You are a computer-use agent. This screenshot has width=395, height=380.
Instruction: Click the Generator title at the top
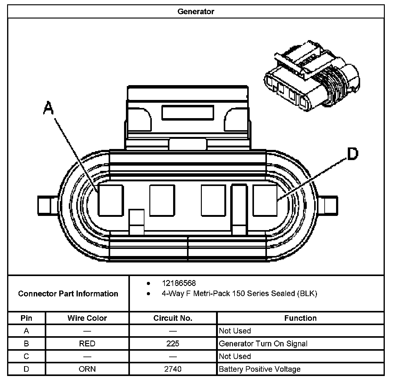pyautogui.click(x=196, y=11)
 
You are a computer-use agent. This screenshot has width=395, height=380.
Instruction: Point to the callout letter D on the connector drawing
pyautogui.click(x=352, y=154)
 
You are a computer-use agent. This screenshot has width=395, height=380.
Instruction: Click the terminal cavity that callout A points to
pyautogui.click(x=111, y=200)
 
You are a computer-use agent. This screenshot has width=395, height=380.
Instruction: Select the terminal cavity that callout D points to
pyautogui.click(x=265, y=200)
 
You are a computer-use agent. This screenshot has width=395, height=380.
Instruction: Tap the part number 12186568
pyautogui.click(x=179, y=283)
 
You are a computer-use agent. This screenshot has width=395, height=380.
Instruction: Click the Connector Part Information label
pyautogui.click(x=68, y=293)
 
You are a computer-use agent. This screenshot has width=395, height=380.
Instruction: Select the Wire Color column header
pyautogui.click(x=87, y=318)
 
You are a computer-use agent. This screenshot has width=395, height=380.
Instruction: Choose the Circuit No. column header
pyautogui.click(x=173, y=318)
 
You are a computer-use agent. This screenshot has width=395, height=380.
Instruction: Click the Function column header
pyautogui.click(x=300, y=318)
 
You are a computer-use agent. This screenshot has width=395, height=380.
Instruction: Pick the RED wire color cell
pyautogui.click(x=87, y=344)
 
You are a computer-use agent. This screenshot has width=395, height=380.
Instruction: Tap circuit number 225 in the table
pyautogui.click(x=173, y=344)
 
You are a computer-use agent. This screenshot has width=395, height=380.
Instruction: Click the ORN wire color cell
pyautogui.click(x=87, y=369)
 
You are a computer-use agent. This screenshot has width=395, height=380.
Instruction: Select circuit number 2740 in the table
pyautogui.click(x=173, y=369)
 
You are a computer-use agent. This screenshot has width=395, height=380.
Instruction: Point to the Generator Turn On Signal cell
pyautogui.click(x=263, y=344)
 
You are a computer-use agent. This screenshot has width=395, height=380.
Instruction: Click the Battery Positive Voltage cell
pyautogui.click(x=260, y=369)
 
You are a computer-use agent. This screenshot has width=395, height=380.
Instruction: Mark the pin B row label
pyautogui.click(x=27, y=344)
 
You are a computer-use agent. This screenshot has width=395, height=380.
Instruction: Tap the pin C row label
pyautogui.click(x=27, y=356)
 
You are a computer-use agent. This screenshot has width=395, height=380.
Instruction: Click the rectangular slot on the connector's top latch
pyautogui.click(x=188, y=113)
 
